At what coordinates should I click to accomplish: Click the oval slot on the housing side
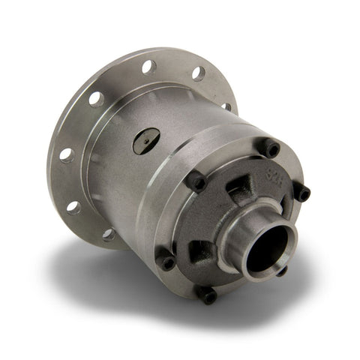click(x=146, y=140)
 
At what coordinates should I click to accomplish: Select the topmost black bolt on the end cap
click(x=268, y=148)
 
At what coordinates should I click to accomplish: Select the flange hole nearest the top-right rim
click(x=198, y=73)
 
